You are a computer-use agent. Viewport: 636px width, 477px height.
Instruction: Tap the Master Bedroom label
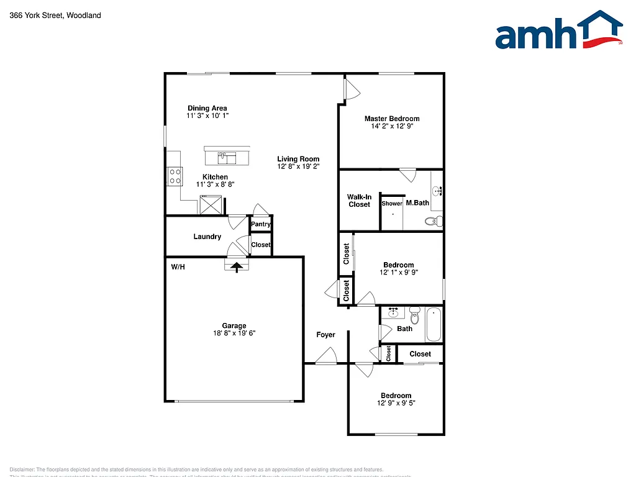391,119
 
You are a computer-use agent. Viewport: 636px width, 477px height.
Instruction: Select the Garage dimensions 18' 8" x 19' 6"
234,334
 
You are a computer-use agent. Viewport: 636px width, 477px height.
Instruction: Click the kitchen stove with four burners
174,176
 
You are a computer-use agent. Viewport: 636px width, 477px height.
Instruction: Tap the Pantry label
261,224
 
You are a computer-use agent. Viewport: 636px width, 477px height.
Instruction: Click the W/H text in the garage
178,267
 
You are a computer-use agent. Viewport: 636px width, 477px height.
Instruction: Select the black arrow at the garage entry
236,266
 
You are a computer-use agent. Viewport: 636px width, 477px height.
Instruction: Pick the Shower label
392,203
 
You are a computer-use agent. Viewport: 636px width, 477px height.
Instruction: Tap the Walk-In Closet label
359,201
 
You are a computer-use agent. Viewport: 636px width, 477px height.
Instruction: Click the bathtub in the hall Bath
434,324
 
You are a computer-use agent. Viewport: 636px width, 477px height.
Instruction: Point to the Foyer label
325,335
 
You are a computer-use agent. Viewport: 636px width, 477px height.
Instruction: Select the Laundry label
207,237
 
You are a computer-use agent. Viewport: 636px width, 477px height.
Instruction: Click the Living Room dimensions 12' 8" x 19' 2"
298,166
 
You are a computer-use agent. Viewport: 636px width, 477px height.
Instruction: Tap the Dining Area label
207,108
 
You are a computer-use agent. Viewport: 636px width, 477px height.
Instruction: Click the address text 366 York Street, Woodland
55,16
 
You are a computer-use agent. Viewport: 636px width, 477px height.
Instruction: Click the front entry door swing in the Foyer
325,357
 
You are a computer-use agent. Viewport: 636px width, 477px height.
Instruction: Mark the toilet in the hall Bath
414,316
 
